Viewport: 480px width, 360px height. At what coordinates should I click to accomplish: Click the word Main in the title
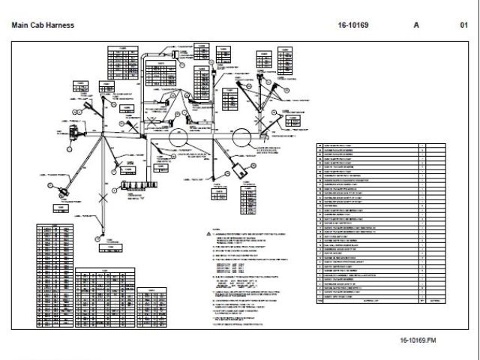point(20,25)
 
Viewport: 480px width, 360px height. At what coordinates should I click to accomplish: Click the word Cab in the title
point(38,25)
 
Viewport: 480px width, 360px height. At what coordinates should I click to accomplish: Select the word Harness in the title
point(61,25)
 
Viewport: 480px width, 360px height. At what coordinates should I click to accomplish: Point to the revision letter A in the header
point(416,25)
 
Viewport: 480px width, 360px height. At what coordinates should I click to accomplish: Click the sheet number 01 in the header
point(463,25)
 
